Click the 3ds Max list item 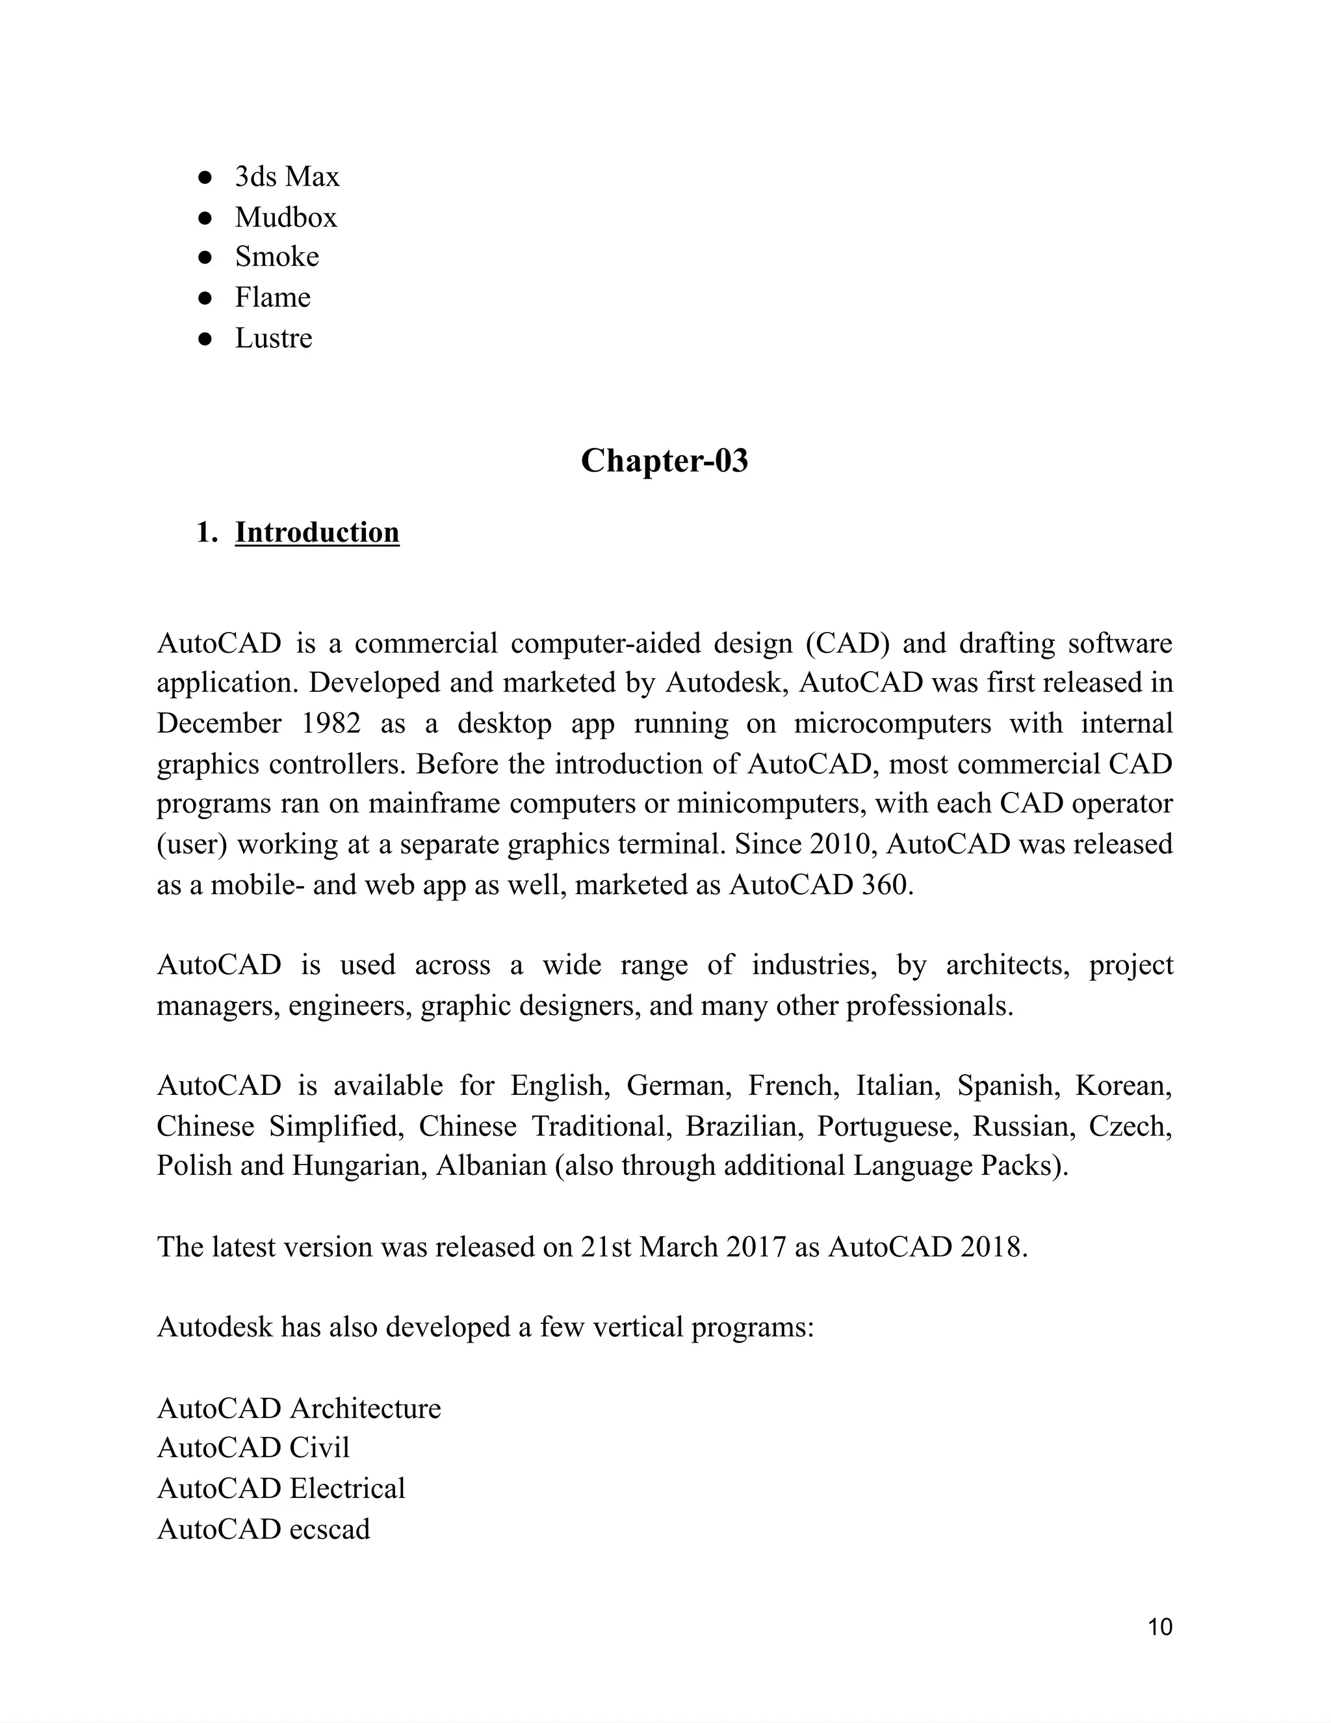(287, 177)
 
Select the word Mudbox (285, 218)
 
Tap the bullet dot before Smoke (205, 257)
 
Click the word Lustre (273, 339)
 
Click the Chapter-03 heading (664, 461)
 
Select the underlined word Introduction (317, 533)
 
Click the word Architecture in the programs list (365, 1409)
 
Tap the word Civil (319, 1449)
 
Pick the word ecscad (330, 1530)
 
